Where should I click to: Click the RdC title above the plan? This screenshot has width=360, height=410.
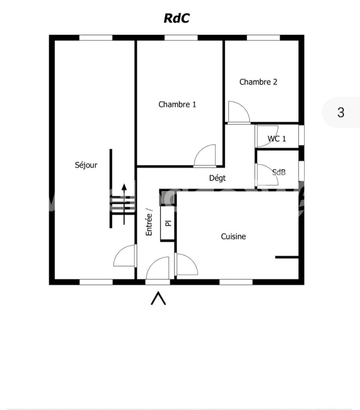pyautogui.click(x=177, y=18)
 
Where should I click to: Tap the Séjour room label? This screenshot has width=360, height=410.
pyautogui.click(x=86, y=165)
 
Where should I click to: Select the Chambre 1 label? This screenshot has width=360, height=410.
pyautogui.click(x=177, y=104)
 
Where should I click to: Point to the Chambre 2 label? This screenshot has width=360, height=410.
pyautogui.click(x=258, y=82)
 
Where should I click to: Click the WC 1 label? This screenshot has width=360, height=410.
pyautogui.click(x=277, y=138)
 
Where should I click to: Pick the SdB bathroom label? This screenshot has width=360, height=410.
pyautogui.click(x=279, y=172)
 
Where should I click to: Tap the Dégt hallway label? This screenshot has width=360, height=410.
pyautogui.click(x=217, y=178)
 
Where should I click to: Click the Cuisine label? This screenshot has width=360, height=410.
pyautogui.click(x=234, y=236)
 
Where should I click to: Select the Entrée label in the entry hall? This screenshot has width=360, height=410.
pyautogui.click(x=149, y=224)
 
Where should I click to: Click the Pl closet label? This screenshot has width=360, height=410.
pyautogui.click(x=168, y=223)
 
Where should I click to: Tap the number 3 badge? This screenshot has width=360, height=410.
pyautogui.click(x=341, y=113)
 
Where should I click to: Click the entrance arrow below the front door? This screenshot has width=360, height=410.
pyautogui.click(x=158, y=299)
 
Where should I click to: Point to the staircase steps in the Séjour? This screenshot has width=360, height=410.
pyautogui.click(x=123, y=205)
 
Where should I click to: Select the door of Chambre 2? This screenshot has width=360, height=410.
pyautogui.click(x=239, y=112)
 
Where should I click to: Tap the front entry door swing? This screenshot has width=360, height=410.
pyautogui.click(x=158, y=269)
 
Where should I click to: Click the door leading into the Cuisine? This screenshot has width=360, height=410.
pyautogui.click(x=186, y=264)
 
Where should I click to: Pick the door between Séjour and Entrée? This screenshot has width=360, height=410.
pyautogui.click(x=125, y=256)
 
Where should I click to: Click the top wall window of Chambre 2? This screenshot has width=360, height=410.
pyautogui.click(x=263, y=38)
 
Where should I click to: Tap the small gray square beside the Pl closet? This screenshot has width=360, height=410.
pyautogui.click(x=168, y=198)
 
